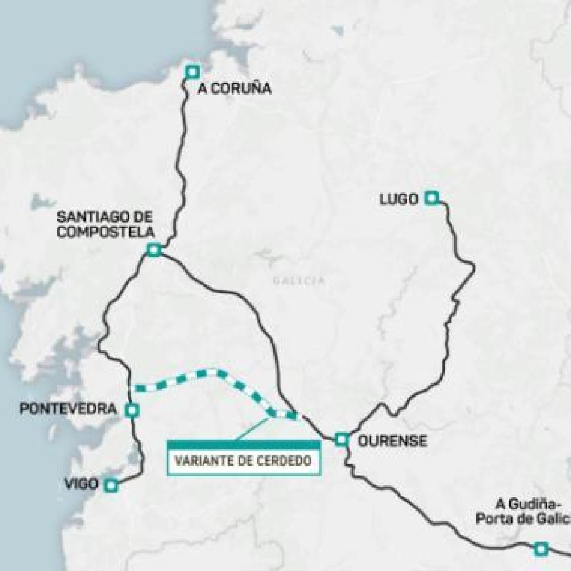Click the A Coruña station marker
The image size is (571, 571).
pos(193,71)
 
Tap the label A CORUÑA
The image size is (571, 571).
pos(234,89)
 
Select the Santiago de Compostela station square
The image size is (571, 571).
pos(154,250)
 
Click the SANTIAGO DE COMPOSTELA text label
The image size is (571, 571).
pos(105,224)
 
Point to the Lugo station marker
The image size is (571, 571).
pos(431,198)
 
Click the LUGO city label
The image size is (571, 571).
pos(399,199)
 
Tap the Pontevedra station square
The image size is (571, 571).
pos(132,410)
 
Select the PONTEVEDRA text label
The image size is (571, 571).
pos(68,409)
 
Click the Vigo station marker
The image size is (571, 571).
pos(111,485)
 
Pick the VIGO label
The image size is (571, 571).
pos(81,484)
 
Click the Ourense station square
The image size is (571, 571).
pos(342,439)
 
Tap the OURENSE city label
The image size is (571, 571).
pos(393,441)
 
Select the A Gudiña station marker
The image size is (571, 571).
pos(541,549)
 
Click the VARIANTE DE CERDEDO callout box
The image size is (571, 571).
pos(243,460)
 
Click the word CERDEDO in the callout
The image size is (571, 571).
pos(284,460)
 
